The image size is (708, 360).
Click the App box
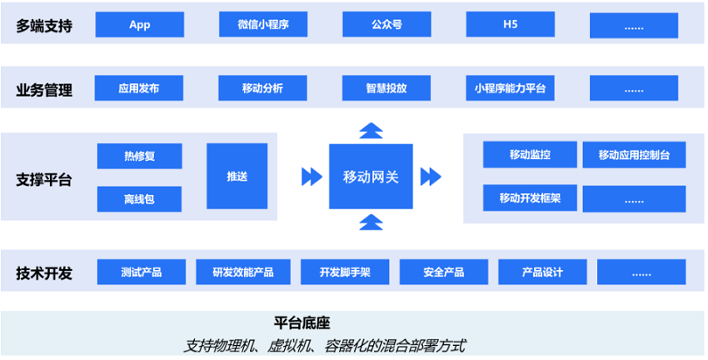click(140, 24)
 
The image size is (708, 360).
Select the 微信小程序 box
click(263, 24)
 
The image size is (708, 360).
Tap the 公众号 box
click(387, 24)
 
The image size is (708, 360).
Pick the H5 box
click(511, 24)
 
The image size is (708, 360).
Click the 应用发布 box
click(139, 88)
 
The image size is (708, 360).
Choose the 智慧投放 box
click(386, 88)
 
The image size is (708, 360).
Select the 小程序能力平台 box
click(511, 88)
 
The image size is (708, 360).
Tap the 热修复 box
click(140, 157)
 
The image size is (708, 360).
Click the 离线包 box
click(140, 199)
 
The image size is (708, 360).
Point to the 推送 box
click(237, 176)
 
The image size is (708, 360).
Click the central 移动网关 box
click(371, 177)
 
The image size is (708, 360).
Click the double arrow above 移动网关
click(371, 131)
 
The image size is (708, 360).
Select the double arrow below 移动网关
click(371, 222)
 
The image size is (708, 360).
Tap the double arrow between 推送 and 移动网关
click(312, 177)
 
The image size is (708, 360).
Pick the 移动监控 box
click(530, 154)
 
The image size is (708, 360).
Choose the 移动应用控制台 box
click(635, 155)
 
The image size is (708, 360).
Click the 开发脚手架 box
click(345, 272)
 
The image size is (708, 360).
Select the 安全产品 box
click(444, 272)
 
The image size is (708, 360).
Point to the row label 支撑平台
click(44, 180)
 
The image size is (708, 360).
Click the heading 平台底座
click(302, 323)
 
